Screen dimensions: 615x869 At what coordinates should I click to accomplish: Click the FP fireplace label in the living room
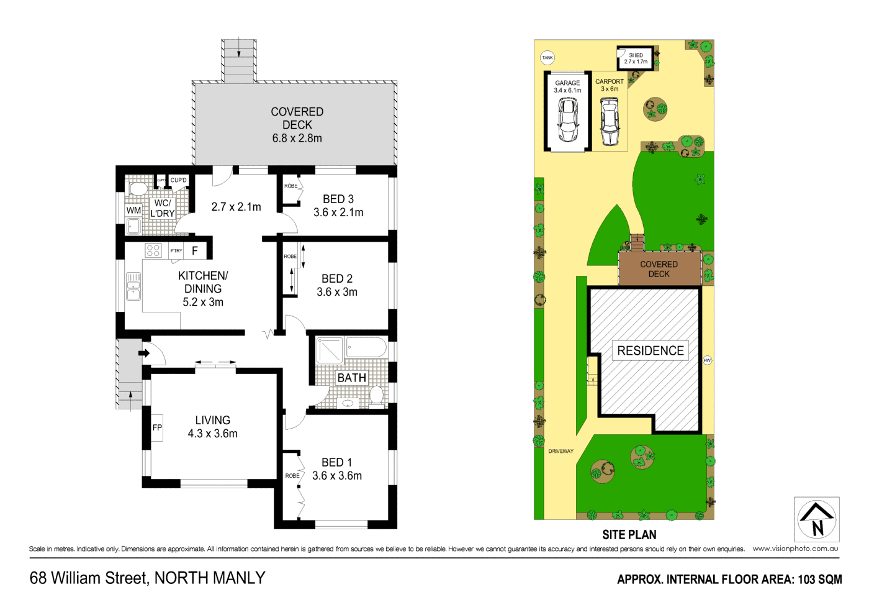pos(157,427)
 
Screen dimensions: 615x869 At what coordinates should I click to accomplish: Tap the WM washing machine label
pos(133,211)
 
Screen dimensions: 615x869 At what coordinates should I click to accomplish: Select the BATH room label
pos(351,378)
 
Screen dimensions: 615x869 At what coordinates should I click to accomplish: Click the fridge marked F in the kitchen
pos(195,251)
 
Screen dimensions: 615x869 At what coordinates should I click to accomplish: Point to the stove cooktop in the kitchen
pos(153,250)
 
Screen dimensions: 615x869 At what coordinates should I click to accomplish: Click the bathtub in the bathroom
pos(366,347)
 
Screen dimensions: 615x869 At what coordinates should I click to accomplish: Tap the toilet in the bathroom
pos(376,394)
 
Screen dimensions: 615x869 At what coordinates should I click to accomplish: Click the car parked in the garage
pos(567,120)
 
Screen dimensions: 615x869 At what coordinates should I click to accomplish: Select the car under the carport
pos(610,123)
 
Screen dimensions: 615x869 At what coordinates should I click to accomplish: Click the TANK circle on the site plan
pos(547,58)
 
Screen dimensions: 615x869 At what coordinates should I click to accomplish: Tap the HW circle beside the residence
pos(707,360)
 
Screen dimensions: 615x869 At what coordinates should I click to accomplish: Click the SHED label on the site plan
pos(636,55)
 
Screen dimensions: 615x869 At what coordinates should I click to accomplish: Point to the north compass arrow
pos(817,519)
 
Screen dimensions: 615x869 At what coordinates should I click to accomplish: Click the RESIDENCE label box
pos(650,351)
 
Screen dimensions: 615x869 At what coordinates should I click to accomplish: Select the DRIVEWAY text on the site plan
pos(561,451)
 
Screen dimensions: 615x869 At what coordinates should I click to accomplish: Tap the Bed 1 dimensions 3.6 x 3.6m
pos(337,476)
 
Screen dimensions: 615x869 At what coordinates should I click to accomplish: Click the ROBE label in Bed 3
pos(290,186)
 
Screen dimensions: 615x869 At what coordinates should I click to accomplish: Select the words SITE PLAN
pos(629,534)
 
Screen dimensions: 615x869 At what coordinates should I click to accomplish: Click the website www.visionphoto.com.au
pos(795,549)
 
